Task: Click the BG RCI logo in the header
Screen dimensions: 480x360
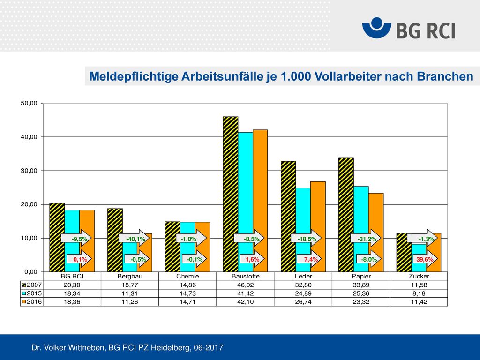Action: click(409, 28)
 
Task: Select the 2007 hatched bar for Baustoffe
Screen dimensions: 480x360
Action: click(231, 194)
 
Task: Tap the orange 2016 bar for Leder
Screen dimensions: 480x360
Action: click(318, 226)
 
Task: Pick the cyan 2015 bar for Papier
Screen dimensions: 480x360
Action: click(361, 229)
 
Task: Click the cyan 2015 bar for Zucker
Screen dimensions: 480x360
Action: click(419, 258)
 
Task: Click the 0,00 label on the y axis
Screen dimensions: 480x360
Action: click(30, 271)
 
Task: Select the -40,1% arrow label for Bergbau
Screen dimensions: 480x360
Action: click(134, 239)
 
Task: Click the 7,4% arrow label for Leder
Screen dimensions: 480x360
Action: click(309, 259)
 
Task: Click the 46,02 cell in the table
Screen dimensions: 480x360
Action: click(245, 285)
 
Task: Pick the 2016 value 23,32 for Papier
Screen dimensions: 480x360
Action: click(361, 302)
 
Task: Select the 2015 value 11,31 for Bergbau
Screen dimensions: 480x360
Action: click(130, 293)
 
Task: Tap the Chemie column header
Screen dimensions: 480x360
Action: click(187, 276)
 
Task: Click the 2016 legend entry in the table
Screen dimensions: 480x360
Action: click(31, 302)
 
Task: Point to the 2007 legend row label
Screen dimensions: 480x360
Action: click(31, 285)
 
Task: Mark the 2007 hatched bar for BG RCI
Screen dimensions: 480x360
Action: click(57, 238)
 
